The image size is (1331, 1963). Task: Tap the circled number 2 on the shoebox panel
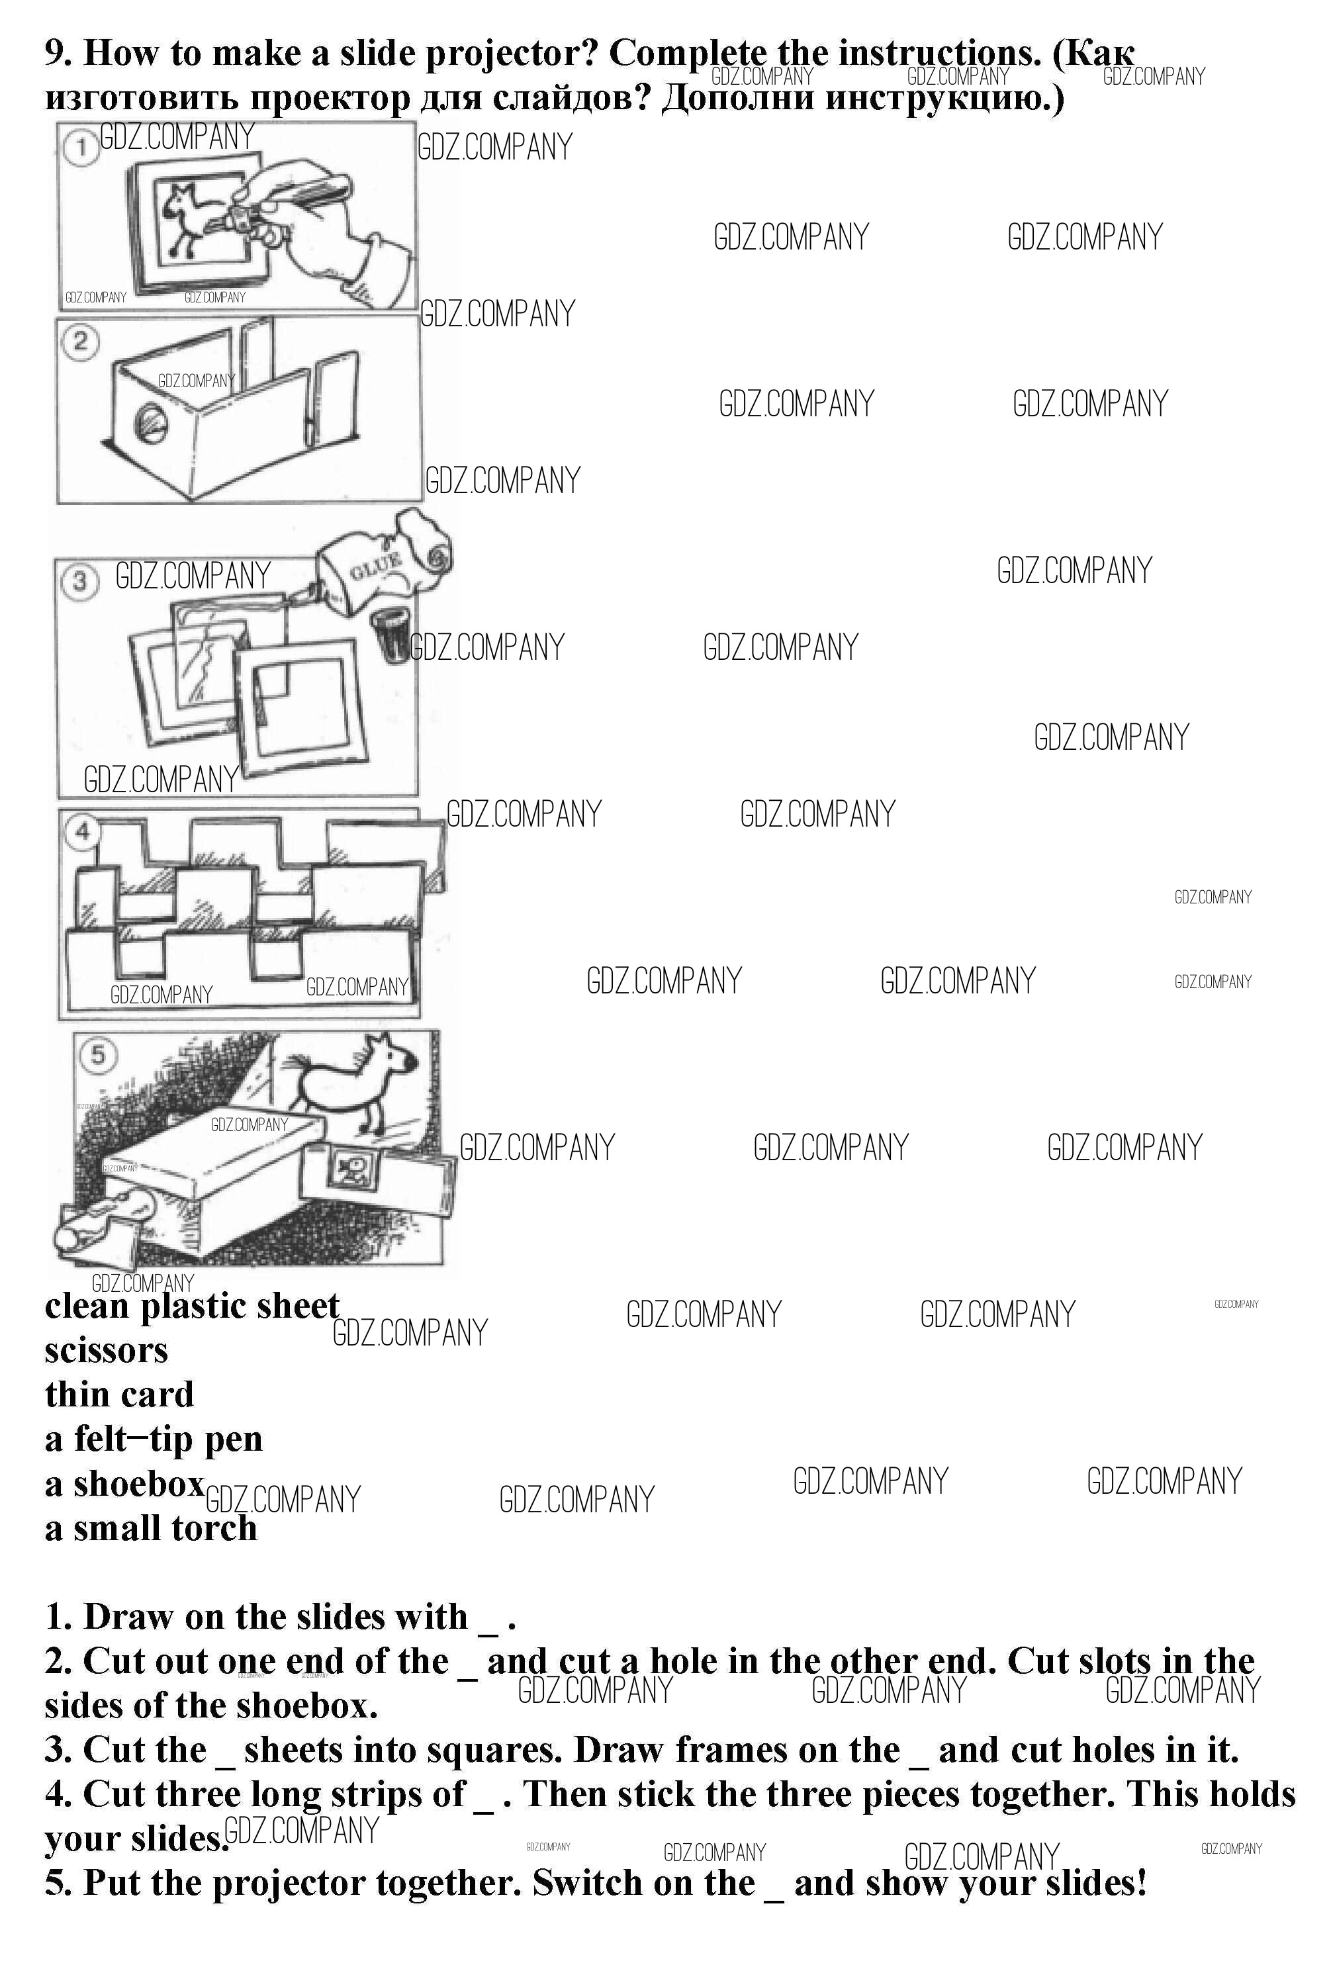click(x=80, y=342)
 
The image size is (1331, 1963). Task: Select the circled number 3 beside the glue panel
click(x=79, y=582)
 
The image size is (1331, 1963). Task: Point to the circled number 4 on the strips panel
click(x=82, y=832)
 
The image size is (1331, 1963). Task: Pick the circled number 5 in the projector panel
click(x=99, y=1055)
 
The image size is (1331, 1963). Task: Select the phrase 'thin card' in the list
click(x=119, y=1394)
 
